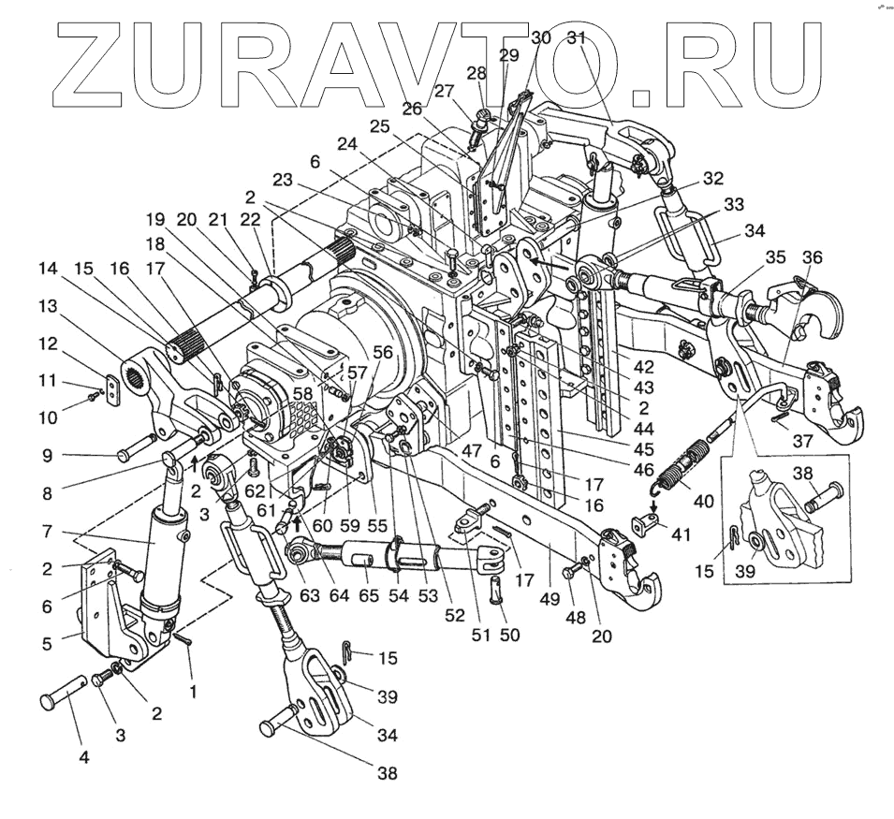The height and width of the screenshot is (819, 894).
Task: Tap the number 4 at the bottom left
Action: click(83, 756)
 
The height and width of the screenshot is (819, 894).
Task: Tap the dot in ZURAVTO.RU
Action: click(640, 96)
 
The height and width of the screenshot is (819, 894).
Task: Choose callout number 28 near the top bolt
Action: click(477, 75)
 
